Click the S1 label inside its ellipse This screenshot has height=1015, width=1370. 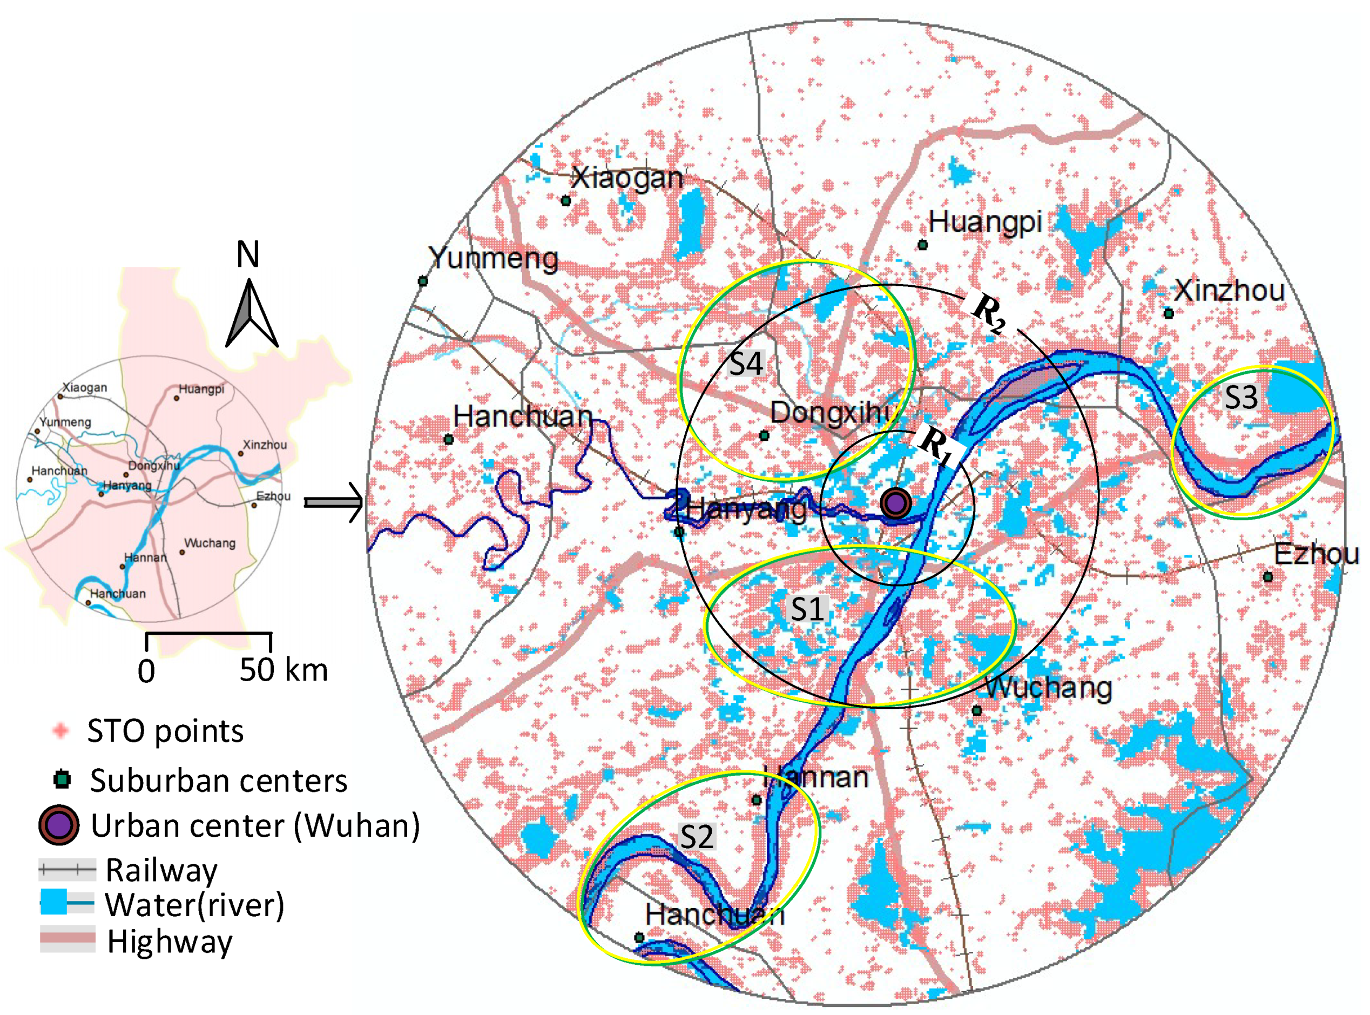[807, 609]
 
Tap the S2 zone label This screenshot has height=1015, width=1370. [697, 836]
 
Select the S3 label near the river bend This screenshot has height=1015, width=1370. [1241, 397]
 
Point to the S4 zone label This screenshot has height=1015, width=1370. [746, 364]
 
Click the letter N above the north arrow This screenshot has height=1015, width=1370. [247, 254]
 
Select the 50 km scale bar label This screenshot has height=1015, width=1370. [283, 670]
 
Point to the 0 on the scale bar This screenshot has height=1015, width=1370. [146, 671]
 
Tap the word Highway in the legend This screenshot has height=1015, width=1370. [170, 942]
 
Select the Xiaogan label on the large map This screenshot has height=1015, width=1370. [626, 178]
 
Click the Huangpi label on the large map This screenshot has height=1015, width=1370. [985, 222]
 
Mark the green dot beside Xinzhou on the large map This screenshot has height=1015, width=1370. [1169, 313]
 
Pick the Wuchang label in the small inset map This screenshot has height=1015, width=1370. [210, 543]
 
